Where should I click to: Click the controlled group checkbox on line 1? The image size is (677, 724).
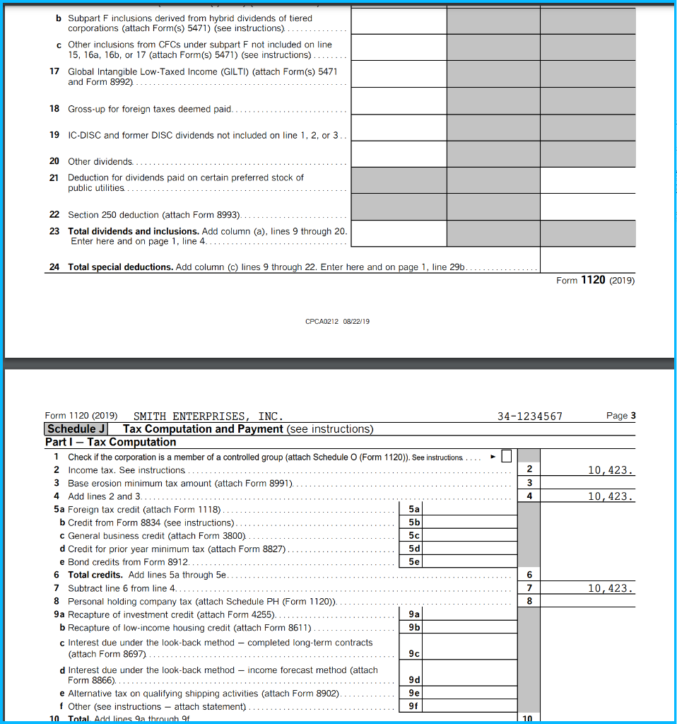click(505, 457)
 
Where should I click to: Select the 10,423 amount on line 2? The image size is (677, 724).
click(611, 470)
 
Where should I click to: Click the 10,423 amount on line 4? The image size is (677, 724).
click(611, 496)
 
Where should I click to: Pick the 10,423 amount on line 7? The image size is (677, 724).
click(611, 588)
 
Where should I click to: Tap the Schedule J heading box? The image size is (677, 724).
click(76, 429)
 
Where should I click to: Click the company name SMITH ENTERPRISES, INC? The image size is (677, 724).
click(208, 416)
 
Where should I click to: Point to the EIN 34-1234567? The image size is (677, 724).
click(529, 416)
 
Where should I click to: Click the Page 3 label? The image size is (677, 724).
click(620, 416)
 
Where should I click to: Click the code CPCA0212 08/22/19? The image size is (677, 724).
click(337, 322)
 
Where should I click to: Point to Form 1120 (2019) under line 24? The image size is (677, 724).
click(595, 281)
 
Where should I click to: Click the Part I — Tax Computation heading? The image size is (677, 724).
click(110, 443)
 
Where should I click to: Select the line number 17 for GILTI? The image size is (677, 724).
click(54, 71)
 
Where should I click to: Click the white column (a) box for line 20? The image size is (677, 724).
click(399, 154)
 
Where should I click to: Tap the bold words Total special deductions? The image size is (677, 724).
click(120, 267)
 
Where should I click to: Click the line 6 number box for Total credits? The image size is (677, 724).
click(529, 576)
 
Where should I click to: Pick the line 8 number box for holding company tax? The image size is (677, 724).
click(529, 602)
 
